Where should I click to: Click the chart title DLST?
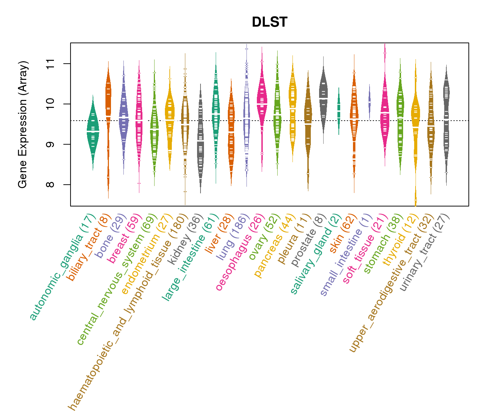[270, 22]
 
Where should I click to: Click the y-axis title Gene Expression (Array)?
[23, 125]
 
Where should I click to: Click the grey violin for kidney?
[201, 142]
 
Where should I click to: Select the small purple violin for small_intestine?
[369, 102]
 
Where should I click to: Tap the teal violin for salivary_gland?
[339, 111]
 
